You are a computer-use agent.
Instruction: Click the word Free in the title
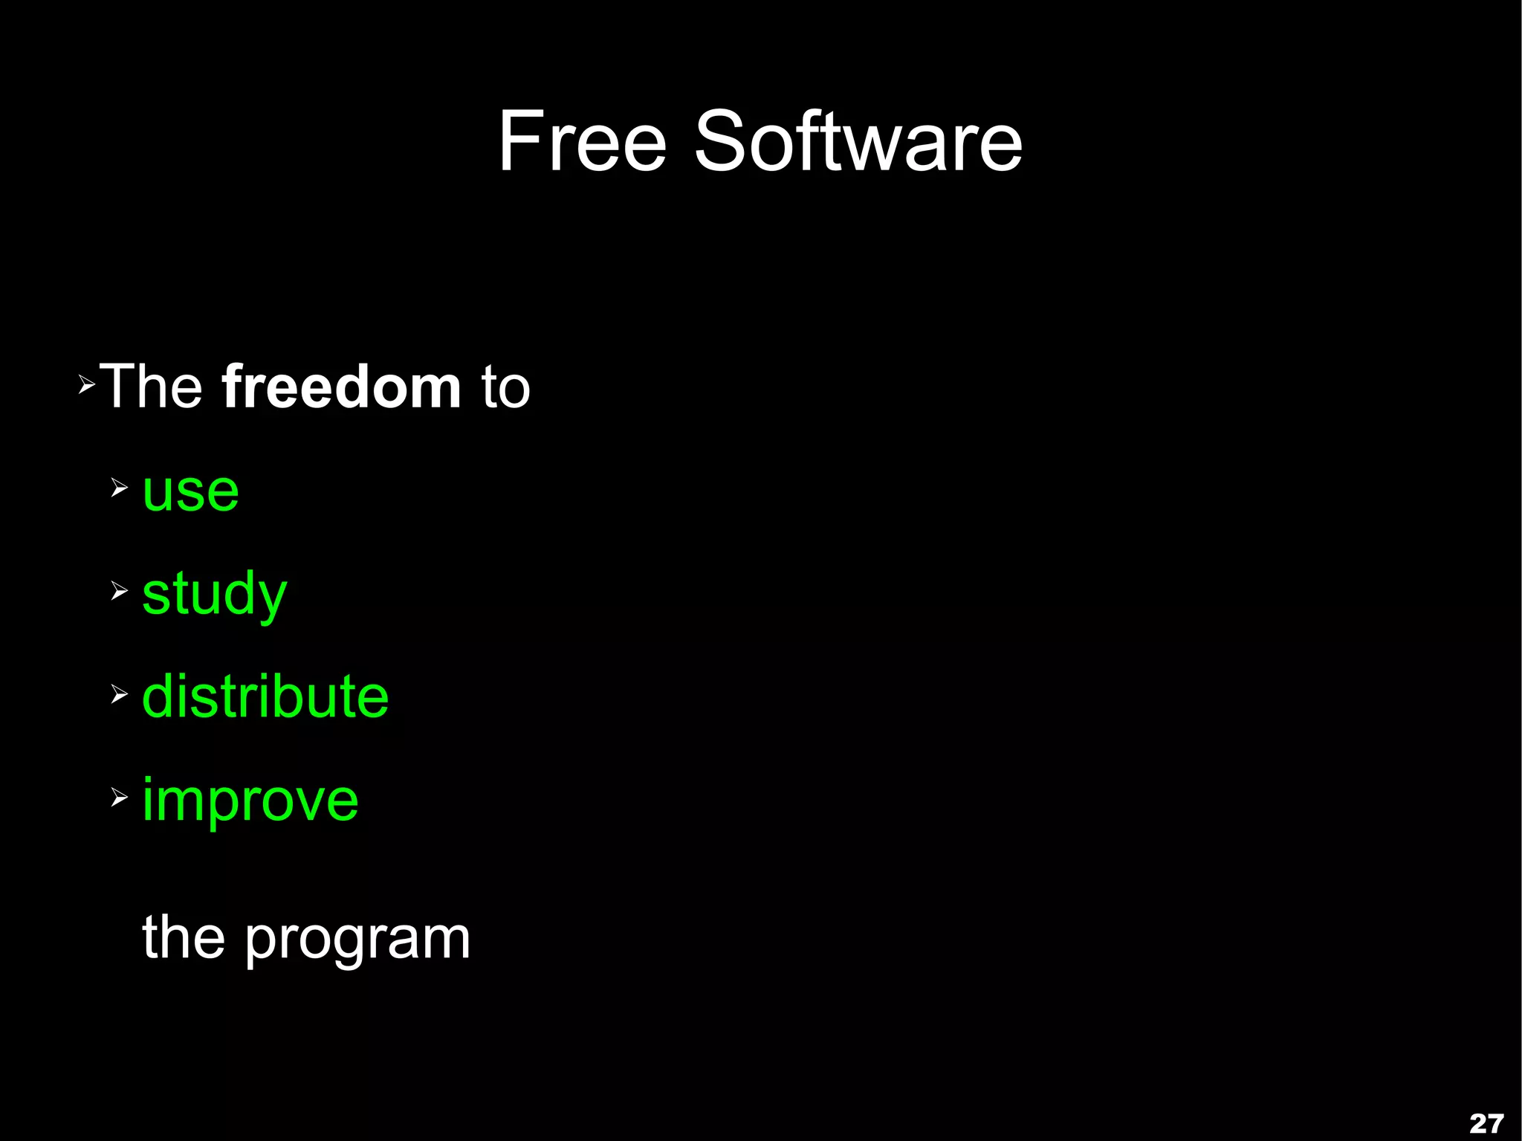coord(582,141)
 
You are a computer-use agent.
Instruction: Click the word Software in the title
coord(858,141)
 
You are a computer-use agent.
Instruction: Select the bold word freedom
coord(341,387)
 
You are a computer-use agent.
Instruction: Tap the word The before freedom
coord(152,387)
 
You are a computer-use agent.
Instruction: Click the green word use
coord(191,492)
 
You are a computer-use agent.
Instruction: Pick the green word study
coord(214,595)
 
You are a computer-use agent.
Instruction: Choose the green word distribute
coord(265,696)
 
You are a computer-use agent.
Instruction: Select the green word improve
coord(250,801)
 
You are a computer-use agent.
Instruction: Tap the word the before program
coord(184,938)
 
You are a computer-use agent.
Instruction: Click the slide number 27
coord(1486,1122)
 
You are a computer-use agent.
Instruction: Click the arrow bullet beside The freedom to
coord(87,385)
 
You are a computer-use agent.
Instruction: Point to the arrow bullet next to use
coord(120,488)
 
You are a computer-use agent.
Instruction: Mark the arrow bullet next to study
coord(120,591)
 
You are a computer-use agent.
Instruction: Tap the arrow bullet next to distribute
coord(120,694)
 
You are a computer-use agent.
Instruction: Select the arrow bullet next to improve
coord(120,798)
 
